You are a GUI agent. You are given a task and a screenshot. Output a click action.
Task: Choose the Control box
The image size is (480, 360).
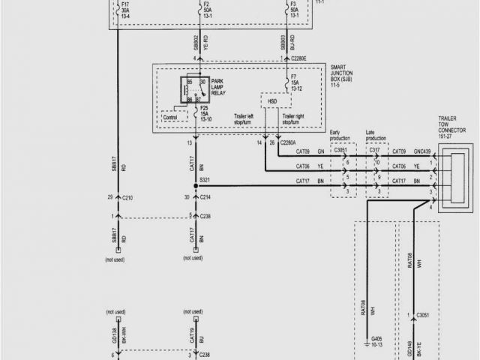pos(169,117)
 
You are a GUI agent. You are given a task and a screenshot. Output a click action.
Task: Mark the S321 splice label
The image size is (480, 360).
pos(205,181)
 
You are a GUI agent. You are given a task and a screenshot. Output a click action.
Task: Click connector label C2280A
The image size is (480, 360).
pos(287,142)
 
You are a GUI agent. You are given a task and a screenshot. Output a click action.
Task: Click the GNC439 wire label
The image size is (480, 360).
pos(423,151)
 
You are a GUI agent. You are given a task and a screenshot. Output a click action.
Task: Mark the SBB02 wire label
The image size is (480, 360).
pos(197,41)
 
